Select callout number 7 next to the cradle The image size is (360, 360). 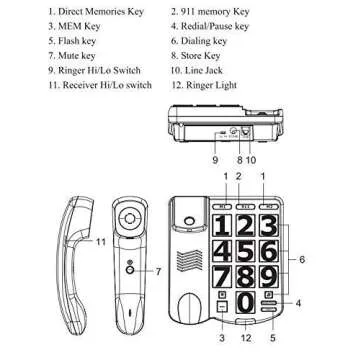pos(158,271)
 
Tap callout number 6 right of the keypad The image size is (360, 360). pos(303,260)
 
